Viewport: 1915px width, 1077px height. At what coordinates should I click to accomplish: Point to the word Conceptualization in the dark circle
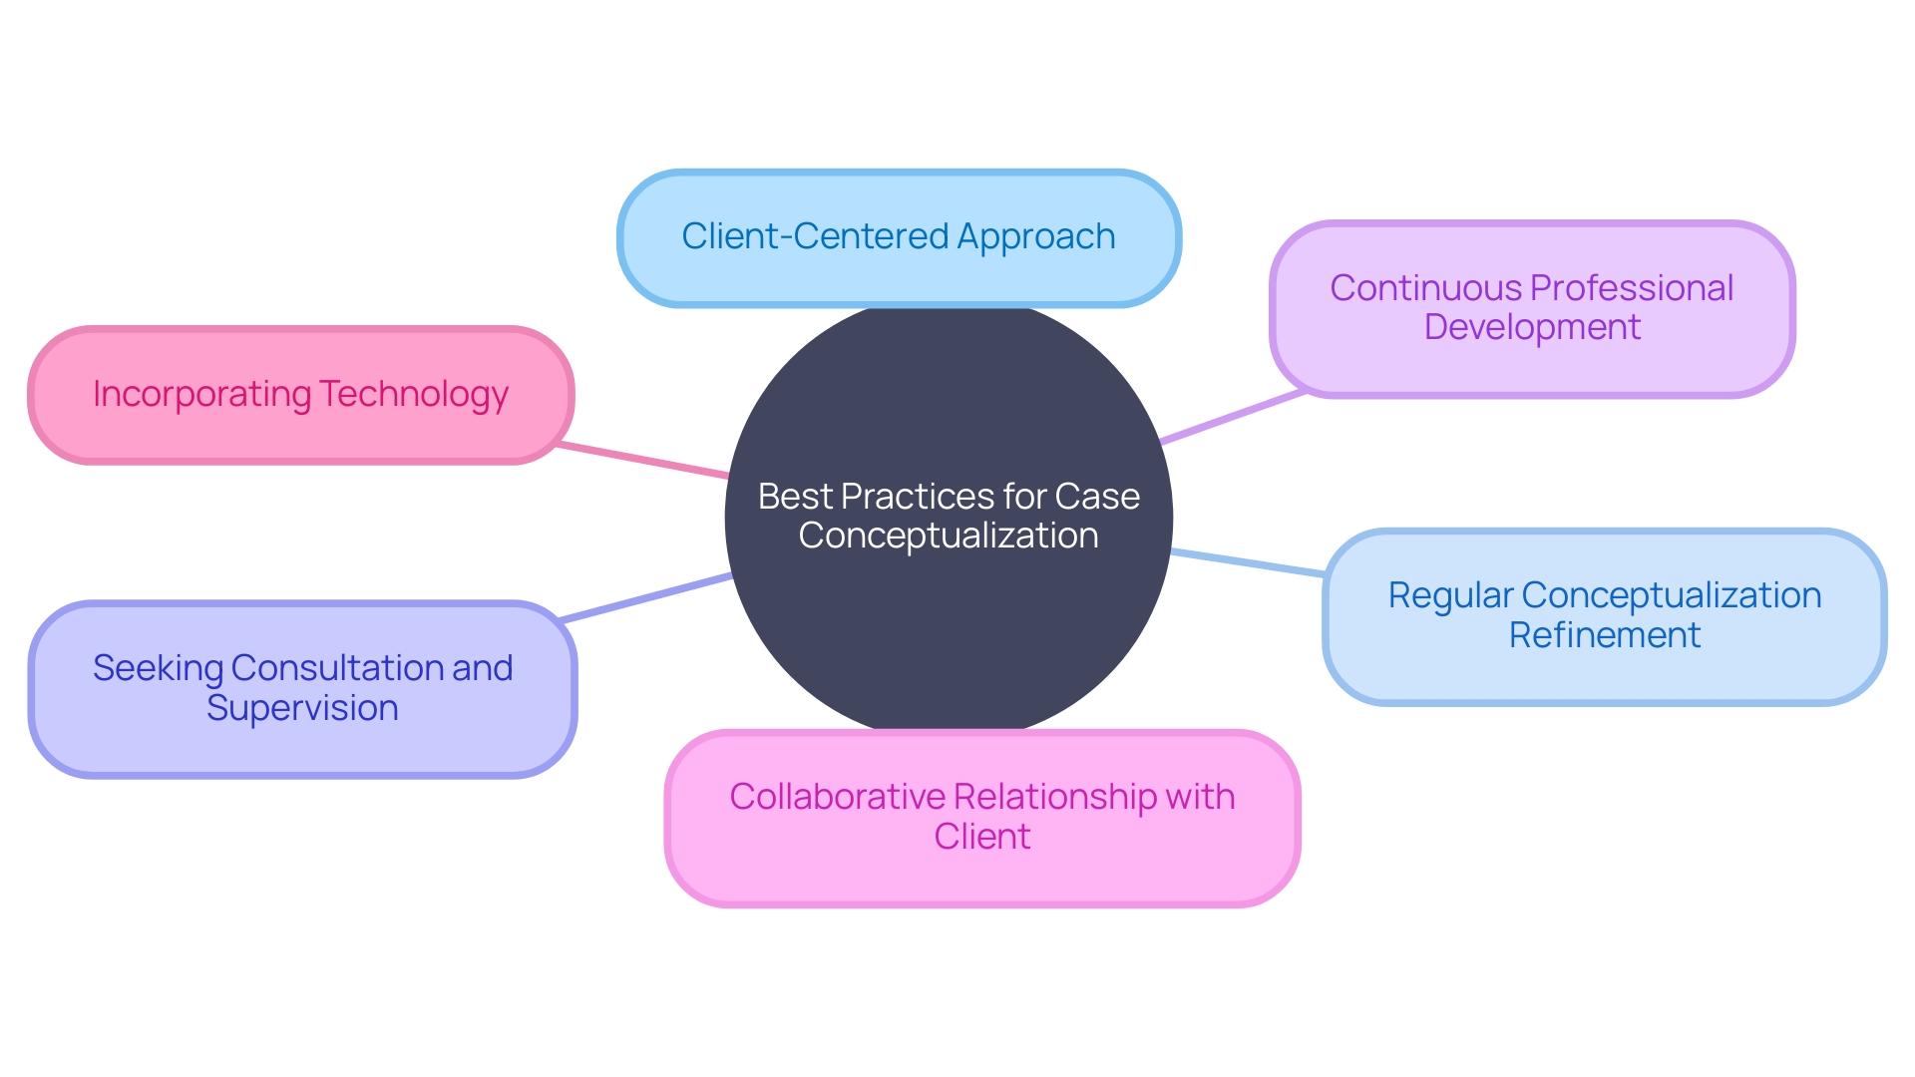pyautogui.click(x=948, y=537)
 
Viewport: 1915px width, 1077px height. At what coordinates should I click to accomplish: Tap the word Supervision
pyautogui.click(x=302, y=708)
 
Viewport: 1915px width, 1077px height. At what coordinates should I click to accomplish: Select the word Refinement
pyautogui.click(x=1604, y=635)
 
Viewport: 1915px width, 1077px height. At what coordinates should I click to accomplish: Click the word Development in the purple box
pyautogui.click(x=1532, y=327)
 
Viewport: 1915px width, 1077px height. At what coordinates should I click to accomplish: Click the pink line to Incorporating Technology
pyautogui.click(x=643, y=461)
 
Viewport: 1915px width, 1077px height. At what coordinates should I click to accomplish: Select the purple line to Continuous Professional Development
pyautogui.click(x=1233, y=417)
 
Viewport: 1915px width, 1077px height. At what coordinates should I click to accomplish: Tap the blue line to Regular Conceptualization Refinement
pyautogui.click(x=1247, y=562)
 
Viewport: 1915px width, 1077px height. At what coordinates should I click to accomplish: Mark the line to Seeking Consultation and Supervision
pyautogui.click(x=646, y=598)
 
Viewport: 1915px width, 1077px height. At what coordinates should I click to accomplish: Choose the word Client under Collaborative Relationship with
pyautogui.click(x=982, y=836)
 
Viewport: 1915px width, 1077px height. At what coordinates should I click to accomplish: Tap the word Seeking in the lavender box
pyautogui.click(x=158, y=668)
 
